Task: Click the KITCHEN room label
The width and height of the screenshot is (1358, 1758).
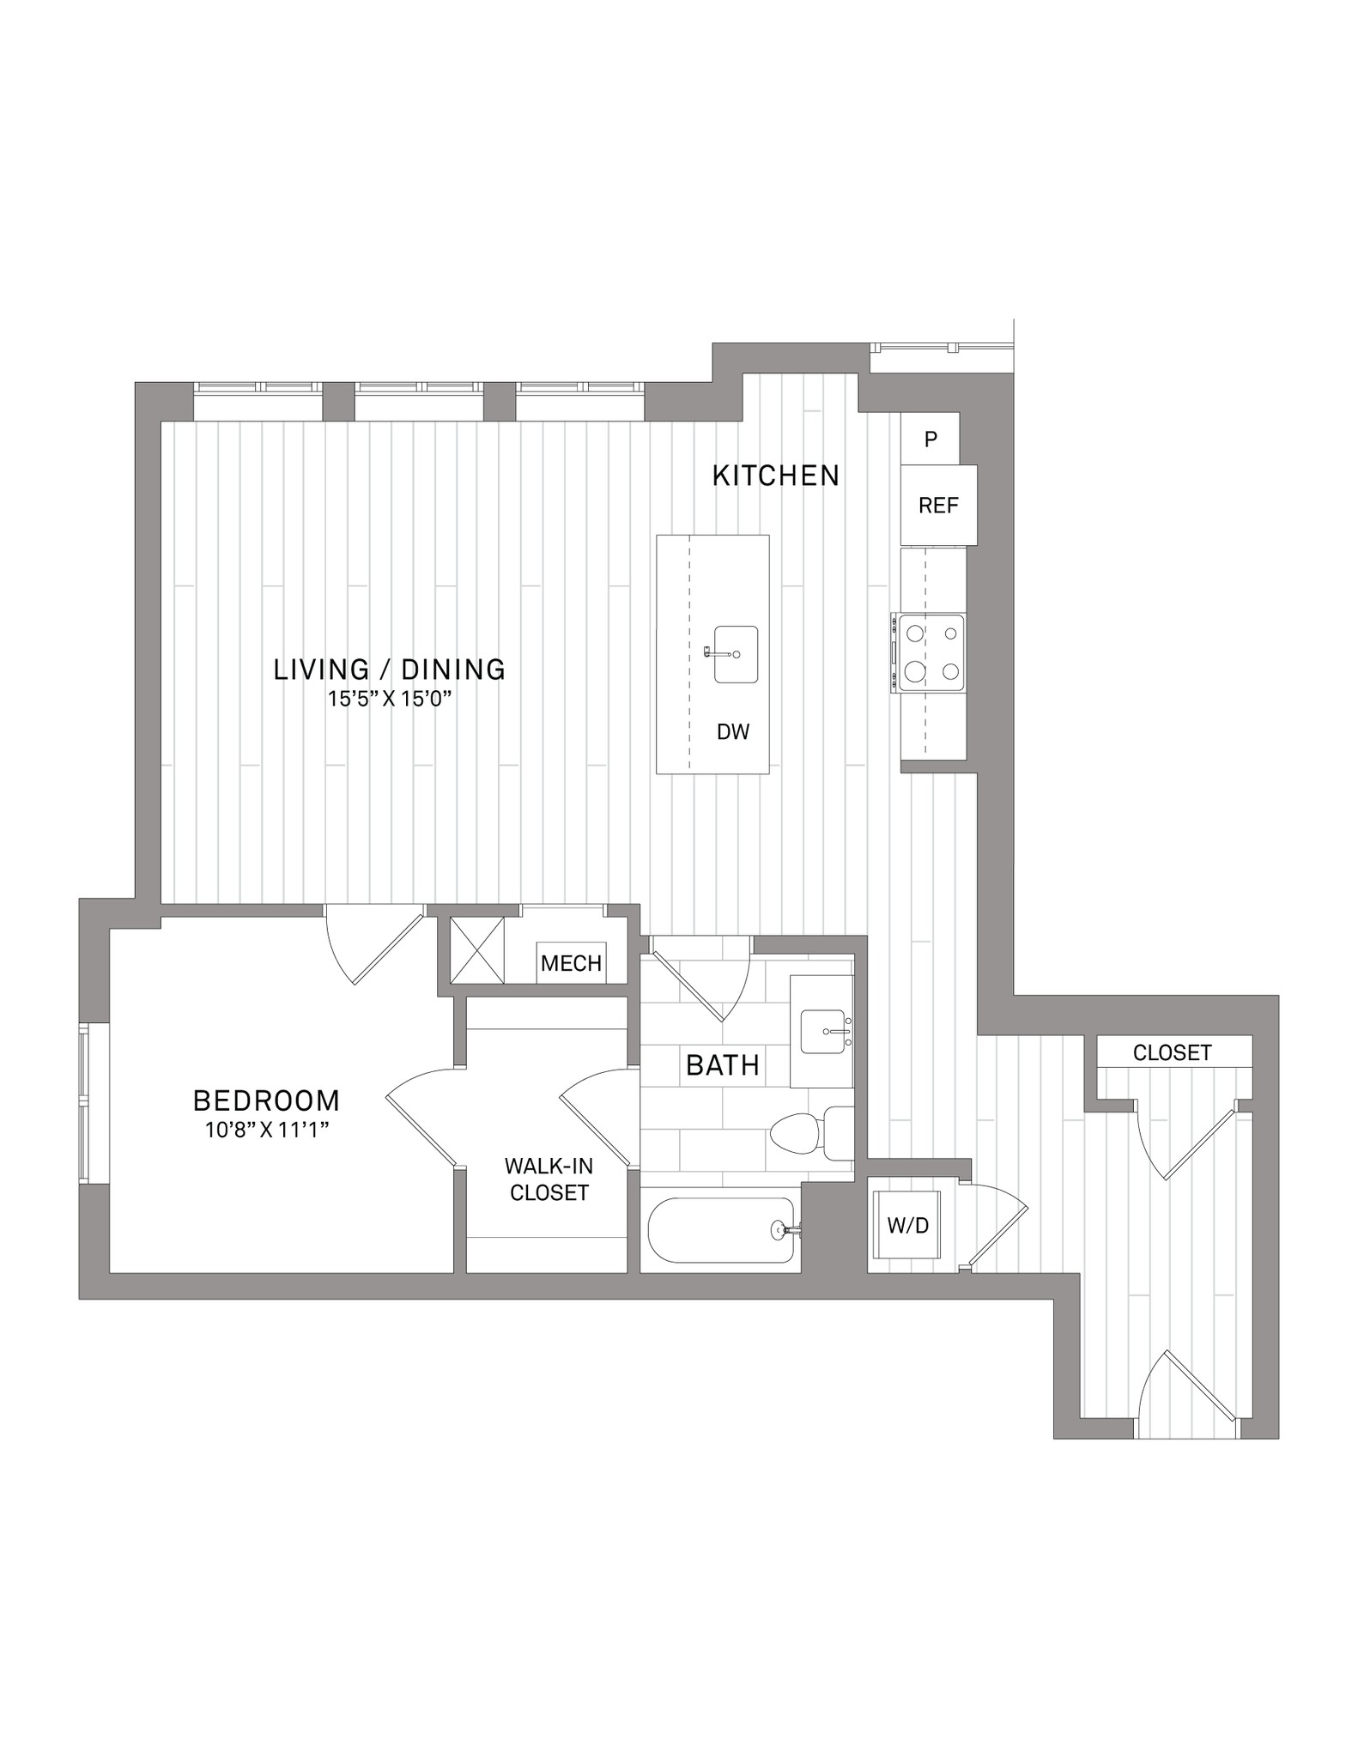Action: click(776, 476)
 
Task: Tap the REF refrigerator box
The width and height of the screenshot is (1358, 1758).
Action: click(938, 505)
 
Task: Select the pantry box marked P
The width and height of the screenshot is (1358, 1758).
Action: click(930, 439)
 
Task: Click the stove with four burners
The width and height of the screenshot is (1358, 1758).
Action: click(929, 652)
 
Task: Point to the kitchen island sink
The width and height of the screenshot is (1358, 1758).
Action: click(736, 654)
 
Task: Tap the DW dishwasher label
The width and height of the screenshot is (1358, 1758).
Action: click(733, 731)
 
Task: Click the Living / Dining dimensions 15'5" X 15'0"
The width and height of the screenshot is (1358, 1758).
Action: click(390, 699)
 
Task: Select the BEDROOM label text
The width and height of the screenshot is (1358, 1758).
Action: click(267, 1100)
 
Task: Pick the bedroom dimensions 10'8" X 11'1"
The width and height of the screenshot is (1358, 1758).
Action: click(268, 1131)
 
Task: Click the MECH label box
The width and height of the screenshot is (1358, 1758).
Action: click(571, 963)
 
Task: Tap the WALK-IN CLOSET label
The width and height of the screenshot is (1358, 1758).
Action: click(549, 1179)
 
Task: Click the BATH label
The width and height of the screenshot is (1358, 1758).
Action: click(723, 1065)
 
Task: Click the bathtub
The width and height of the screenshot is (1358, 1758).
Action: click(721, 1230)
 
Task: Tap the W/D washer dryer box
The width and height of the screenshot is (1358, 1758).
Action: click(908, 1226)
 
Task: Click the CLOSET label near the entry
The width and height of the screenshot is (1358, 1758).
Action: click(1173, 1052)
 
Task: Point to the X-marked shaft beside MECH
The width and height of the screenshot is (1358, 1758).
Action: click(477, 950)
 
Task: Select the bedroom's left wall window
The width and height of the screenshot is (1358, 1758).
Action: click(84, 1103)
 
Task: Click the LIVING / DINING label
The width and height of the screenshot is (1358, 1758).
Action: click(390, 670)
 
